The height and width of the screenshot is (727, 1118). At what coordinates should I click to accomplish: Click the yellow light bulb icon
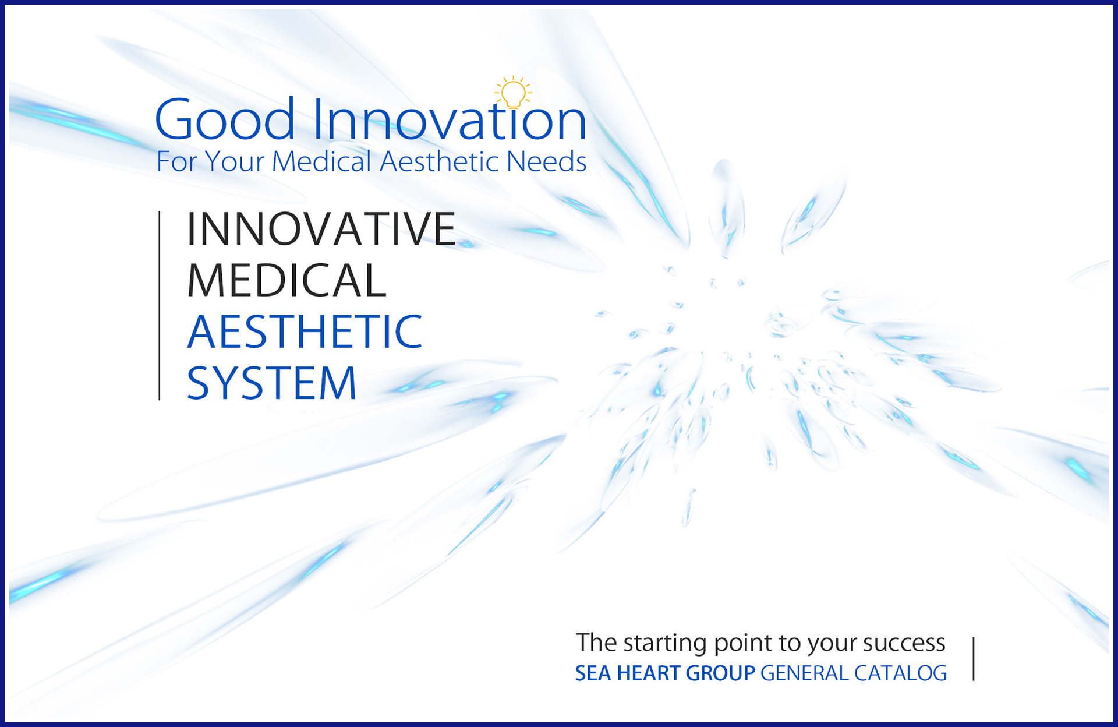coord(513,94)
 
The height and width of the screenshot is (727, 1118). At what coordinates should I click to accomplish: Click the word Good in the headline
coord(225,121)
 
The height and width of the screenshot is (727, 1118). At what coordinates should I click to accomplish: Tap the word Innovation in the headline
coord(449,121)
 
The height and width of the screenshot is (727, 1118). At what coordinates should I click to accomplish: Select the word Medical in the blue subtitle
coord(321,161)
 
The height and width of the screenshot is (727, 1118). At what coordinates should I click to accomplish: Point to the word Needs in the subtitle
coord(546,161)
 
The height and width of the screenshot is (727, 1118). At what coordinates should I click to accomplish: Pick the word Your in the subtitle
coord(235,162)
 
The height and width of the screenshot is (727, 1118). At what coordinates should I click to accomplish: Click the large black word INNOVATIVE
coord(321,229)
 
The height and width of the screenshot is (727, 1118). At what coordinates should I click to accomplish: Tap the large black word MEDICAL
coord(286,280)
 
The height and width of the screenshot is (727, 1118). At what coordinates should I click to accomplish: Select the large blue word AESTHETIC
coord(305,331)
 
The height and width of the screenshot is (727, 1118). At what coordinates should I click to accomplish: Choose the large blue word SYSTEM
coord(271,383)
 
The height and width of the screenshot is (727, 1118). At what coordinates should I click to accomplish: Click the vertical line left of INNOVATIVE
coord(160,305)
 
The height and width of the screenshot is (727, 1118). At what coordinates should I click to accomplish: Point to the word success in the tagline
coord(904,643)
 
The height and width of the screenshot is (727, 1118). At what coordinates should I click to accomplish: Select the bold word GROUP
coord(720,673)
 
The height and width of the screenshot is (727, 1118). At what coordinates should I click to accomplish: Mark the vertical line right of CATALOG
coord(974,659)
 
